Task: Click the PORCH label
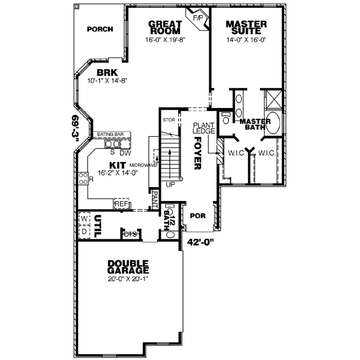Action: [x=100, y=29]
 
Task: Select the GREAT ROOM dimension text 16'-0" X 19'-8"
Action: [x=166, y=41]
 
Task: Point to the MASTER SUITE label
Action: [x=246, y=28]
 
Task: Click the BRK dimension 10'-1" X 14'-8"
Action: [x=109, y=80]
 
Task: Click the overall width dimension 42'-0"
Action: [x=202, y=244]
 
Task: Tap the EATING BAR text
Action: [x=110, y=135]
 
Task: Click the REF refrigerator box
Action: [x=122, y=204]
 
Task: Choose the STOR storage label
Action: [x=168, y=120]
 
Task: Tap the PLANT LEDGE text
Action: [x=200, y=128]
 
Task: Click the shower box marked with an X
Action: [x=274, y=98]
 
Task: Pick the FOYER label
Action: [x=196, y=154]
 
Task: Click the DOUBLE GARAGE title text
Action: [x=128, y=267]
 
